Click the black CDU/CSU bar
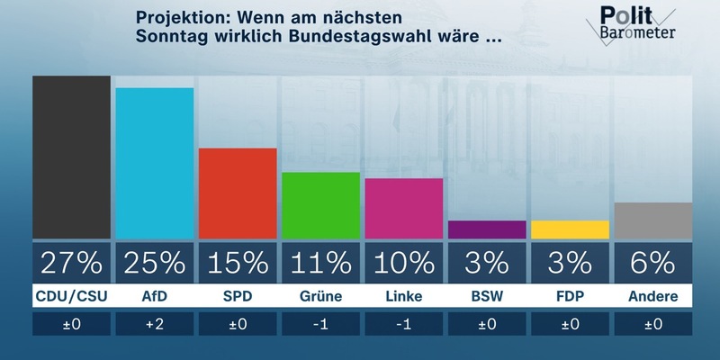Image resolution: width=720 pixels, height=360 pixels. coord(71,157)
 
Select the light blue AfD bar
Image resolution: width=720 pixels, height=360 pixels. coord(155,164)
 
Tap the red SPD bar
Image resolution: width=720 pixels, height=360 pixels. coord(238,193)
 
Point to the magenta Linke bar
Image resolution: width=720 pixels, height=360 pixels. coord(404,209)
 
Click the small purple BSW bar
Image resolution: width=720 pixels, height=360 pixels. coord(487,229)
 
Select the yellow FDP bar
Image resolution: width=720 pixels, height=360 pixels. coord(570,229)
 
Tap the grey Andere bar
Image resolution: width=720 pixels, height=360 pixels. coord(652,220)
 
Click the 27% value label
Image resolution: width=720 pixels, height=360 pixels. coord(71,262)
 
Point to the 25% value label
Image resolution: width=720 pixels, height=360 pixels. coord(155,262)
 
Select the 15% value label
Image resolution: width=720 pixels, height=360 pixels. coord(238,262)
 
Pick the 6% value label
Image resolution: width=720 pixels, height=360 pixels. coord(652,262)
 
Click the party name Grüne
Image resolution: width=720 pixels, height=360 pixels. coord(320,295)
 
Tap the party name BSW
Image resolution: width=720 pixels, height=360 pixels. coord(487,295)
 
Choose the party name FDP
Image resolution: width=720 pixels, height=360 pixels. coord(570,295)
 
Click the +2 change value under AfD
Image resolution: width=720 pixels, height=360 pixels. coord(155,324)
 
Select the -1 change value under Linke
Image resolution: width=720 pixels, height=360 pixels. coord(404,324)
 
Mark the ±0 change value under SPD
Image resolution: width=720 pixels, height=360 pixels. coord(238,324)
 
